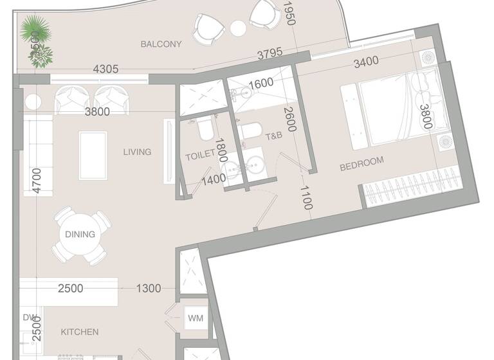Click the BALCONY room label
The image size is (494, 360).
[x=161, y=44]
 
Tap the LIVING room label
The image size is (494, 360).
[x=137, y=152]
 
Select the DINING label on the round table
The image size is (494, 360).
[x=80, y=235]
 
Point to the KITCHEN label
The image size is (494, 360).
[x=80, y=332]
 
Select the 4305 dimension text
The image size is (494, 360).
[x=105, y=69]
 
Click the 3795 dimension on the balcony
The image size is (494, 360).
[x=270, y=55]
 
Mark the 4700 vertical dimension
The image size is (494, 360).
[x=37, y=180]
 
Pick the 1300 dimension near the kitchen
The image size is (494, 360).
[x=149, y=289]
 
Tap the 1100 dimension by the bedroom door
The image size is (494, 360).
[x=306, y=197]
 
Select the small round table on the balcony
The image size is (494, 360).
[x=238, y=28]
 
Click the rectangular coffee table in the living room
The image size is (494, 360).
[x=93, y=155]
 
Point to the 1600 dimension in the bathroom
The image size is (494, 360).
[x=261, y=84]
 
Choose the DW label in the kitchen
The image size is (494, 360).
[x=29, y=318]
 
